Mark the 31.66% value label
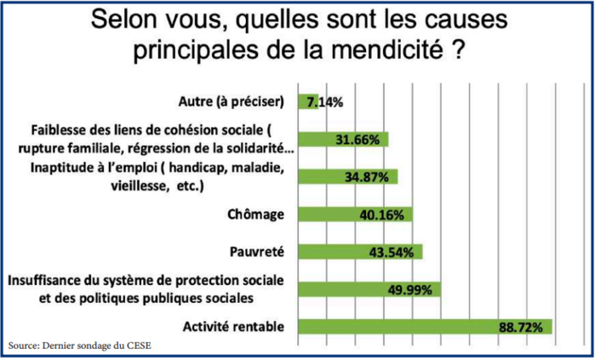coord(358,140)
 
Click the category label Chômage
coord(255,214)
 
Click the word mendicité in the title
coord(386,49)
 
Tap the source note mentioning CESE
coord(81,346)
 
